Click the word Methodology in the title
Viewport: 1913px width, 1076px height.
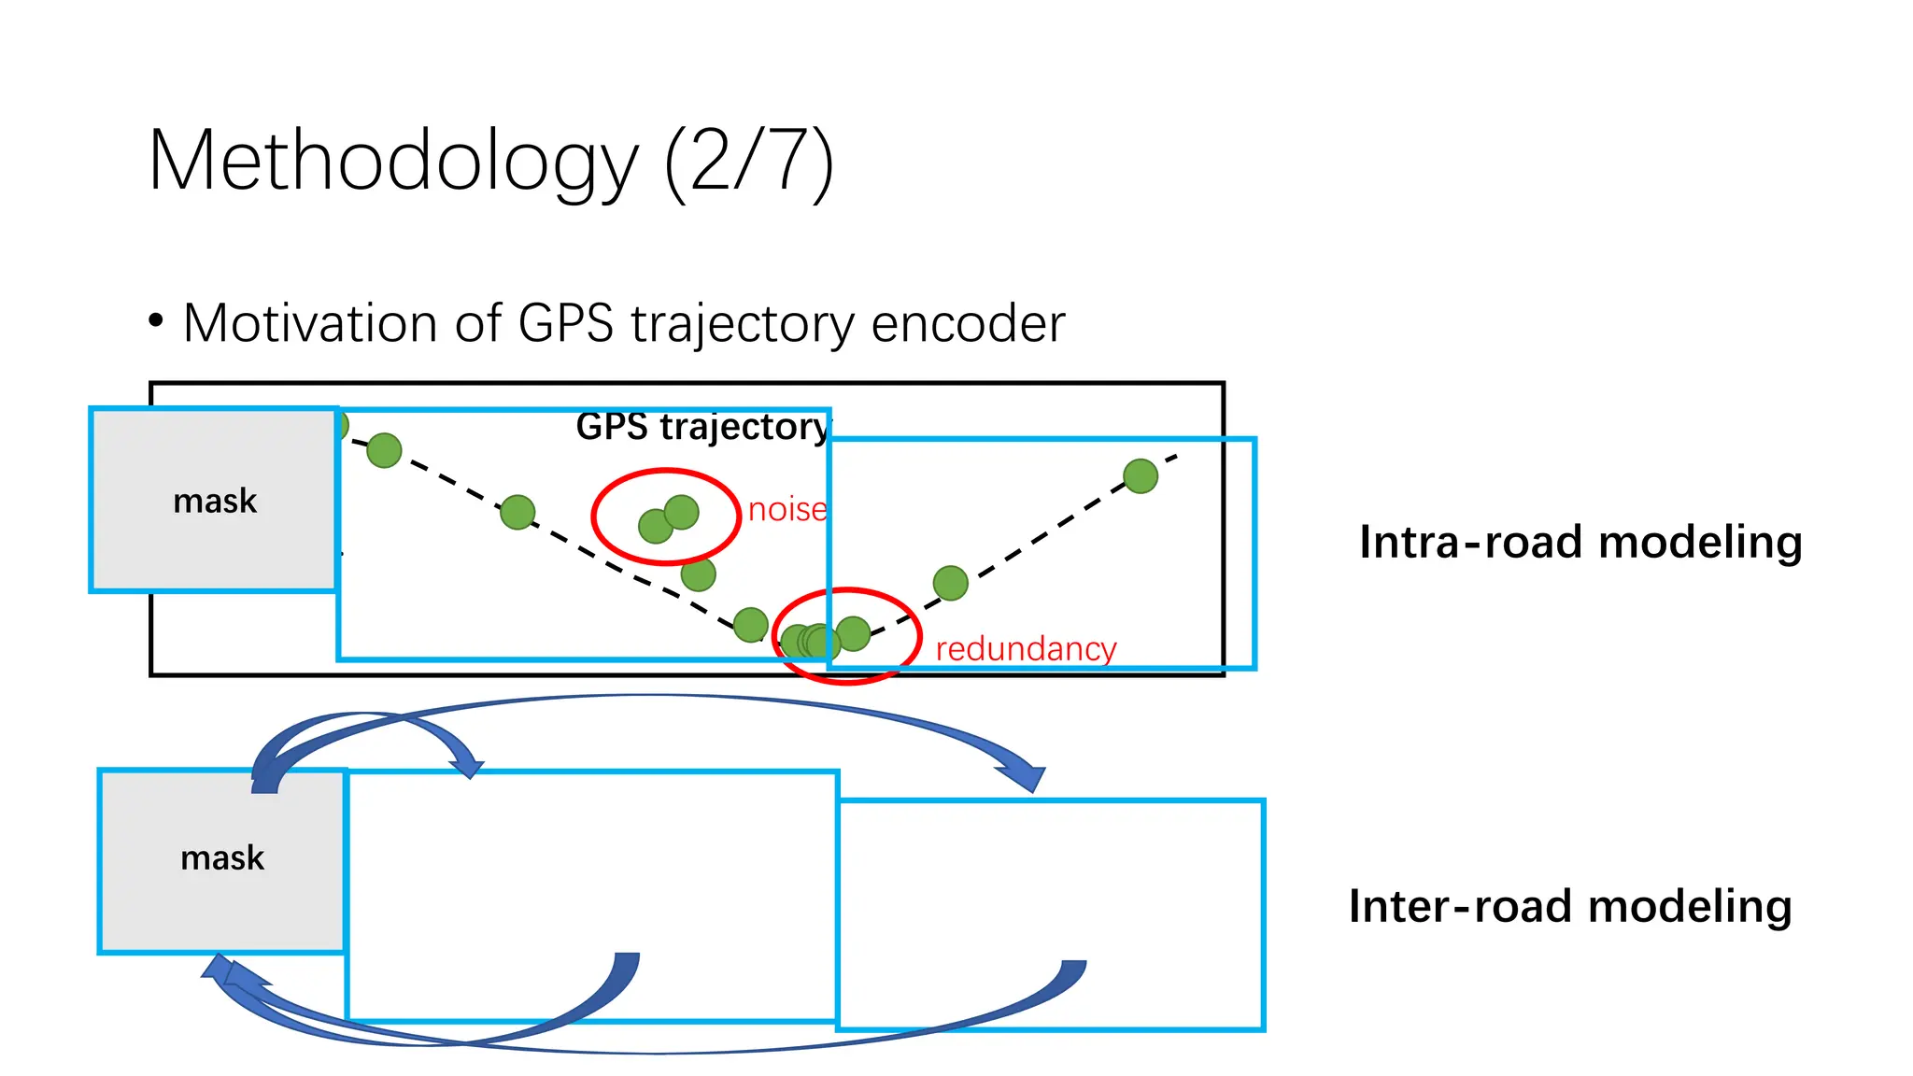point(392,161)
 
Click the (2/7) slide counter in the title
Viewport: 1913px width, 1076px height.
point(749,161)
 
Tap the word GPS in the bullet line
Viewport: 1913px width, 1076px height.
point(565,323)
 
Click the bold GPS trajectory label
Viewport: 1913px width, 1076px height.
point(702,427)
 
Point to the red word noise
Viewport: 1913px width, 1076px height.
point(787,510)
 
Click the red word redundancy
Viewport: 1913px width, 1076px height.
point(1026,648)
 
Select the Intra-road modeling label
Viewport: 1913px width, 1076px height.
point(1580,542)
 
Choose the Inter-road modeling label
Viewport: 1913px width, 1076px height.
point(1570,906)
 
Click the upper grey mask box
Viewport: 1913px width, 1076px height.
point(214,500)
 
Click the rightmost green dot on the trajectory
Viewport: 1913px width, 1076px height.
point(1141,476)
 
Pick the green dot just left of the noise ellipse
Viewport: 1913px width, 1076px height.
point(517,512)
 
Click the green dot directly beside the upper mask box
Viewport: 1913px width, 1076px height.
point(384,450)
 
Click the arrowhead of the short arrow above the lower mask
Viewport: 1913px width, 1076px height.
point(468,769)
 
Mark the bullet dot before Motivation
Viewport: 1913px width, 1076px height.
point(156,321)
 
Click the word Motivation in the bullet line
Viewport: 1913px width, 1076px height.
point(310,323)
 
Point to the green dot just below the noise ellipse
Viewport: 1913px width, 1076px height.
point(698,574)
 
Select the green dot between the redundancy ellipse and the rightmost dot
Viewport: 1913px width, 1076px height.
point(950,583)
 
